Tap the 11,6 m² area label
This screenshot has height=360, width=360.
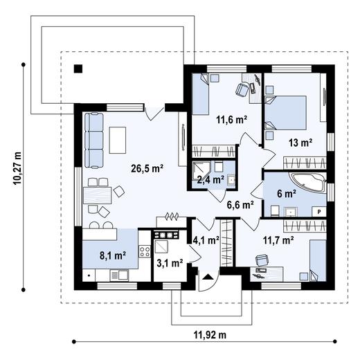[x=232, y=119]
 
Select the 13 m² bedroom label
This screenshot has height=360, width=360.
[x=300, y=143]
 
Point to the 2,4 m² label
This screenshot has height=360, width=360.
[x=210, y=179]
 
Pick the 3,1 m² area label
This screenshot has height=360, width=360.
[x=170, y=263]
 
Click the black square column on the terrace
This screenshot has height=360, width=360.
[x=78, y=68]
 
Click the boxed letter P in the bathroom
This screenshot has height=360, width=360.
[x=319, y=212]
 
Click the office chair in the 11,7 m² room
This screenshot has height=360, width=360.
[x=262, y=261]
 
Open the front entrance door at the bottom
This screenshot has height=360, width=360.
[x=206, y=280]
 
